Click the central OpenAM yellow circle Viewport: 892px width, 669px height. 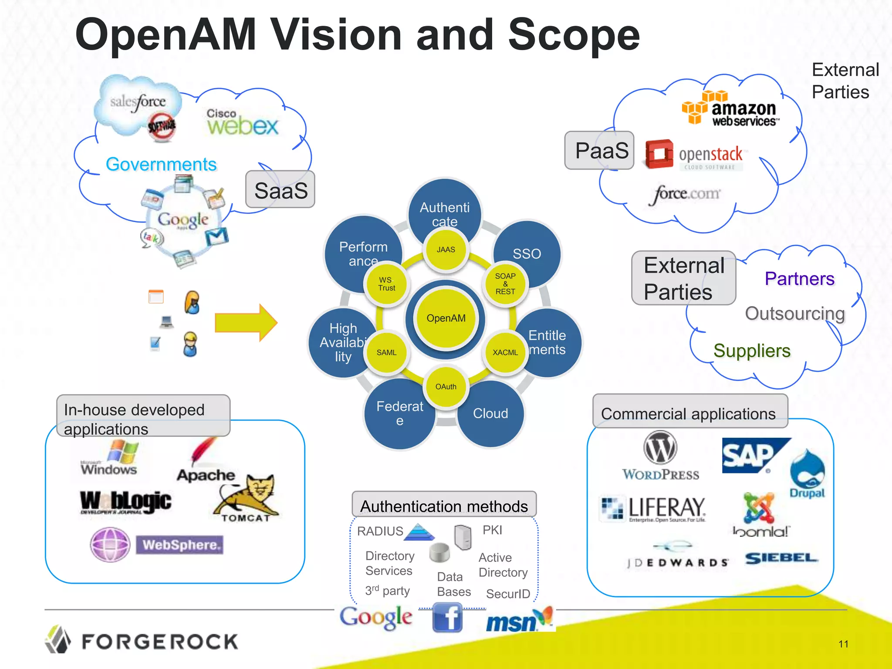[446, 318]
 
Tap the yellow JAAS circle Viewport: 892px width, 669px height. [446, 250]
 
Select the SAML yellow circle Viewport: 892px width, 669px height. [387, 352]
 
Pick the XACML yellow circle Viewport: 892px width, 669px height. [505, 352]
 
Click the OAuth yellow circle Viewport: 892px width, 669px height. [446, 386]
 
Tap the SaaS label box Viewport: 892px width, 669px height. [280, 190]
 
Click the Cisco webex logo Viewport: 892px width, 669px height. [242, 122]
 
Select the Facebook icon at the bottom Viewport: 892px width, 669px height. [447, 618]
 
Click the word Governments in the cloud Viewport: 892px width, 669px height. [161, 165]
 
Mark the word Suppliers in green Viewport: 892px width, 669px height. [752, 351]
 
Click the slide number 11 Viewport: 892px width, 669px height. [843, 644]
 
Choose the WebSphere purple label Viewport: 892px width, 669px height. [180, 545]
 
